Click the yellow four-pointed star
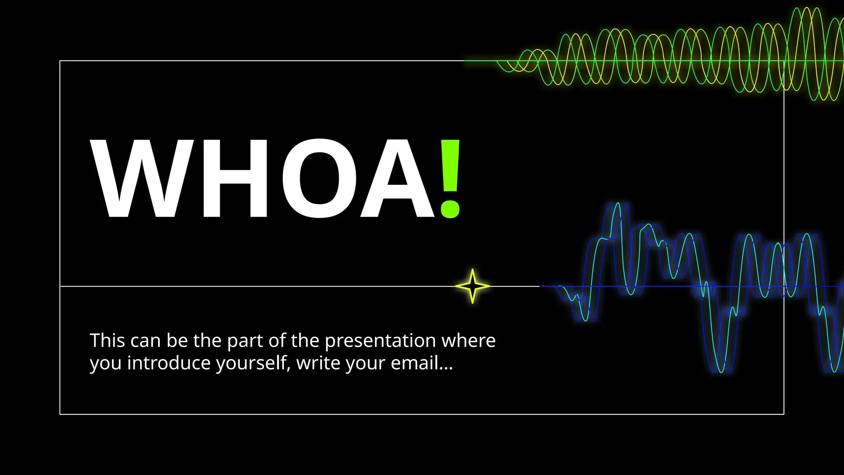[473, 286]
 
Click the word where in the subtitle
[469, 341]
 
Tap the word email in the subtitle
[414, 363]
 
